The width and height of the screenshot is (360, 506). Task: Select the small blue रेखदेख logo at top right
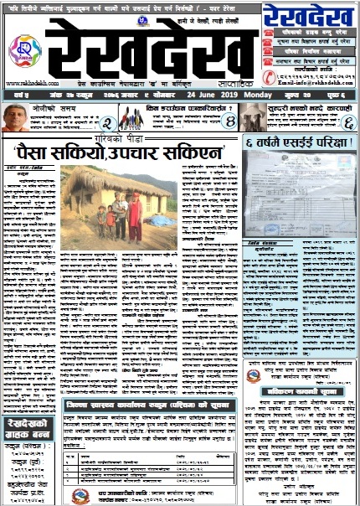click(310, 14)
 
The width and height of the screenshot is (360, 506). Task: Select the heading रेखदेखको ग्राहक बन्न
click(30, 428)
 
